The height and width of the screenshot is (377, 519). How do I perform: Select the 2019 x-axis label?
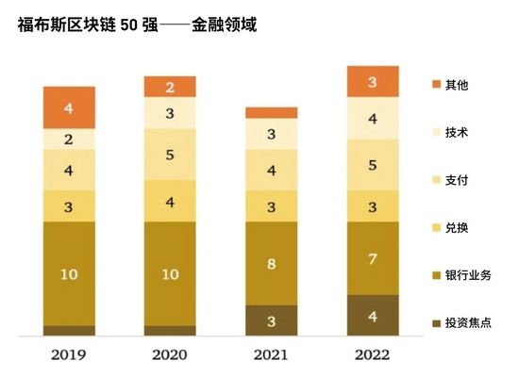pyautogui.click(x=69, y=355)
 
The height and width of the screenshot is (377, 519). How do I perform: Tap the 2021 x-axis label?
pyautogui.click(x=271, y=355)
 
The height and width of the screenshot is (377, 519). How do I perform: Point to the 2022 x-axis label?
pyautogui.click(x=373, y=355)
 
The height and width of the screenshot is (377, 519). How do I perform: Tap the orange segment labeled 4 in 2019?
pyautogui.click(x=69, y=107)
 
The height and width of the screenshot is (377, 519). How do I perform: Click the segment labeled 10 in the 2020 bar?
pyautogui.click(x=170, y=273)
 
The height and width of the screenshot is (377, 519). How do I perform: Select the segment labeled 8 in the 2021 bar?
pyautogui.click(x=271, y=263)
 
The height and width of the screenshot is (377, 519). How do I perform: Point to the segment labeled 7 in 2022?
pyautogui.click(x=373, y=258)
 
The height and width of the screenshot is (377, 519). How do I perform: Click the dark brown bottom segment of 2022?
pyautogui.click(x=373, y=315)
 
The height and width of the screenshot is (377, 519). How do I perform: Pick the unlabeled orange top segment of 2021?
pyautogui.click(x=271, y=112)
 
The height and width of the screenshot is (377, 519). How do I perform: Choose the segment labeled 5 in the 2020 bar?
pyautogui.click(x=170, y=155)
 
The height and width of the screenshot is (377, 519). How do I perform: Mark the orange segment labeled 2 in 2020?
pyautogui.click(x=170, y=87)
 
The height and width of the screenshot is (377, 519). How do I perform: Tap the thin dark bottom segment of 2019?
pyautogui.click(x=69, y=331)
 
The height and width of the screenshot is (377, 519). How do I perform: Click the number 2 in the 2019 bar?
pyautogui.click(x=69, y=139)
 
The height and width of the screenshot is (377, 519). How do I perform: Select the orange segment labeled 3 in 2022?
pyautogui.click(x=373, y=82)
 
